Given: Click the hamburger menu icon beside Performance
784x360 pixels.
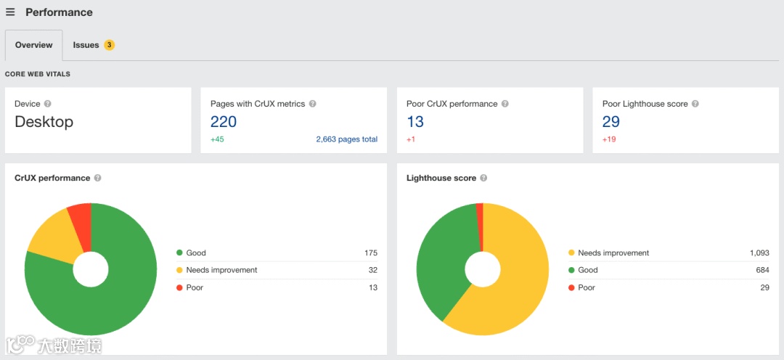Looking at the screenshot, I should (x=10, y=12).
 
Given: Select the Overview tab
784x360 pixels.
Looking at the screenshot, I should (x=33, y=45).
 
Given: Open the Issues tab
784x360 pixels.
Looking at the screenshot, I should (x=86, y=45).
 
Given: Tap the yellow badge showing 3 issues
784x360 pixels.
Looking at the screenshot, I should (x=109, y=45).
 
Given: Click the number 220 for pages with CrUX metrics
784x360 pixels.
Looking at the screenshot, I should (x=224, y=122).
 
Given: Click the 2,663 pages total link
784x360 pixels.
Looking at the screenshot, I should (x=346, y=139).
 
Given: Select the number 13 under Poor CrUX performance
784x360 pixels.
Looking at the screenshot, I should (x=415, y=122).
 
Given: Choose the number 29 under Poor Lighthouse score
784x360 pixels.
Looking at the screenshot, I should (x=611, y=122).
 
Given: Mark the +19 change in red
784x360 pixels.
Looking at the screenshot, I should (x=609, y=139).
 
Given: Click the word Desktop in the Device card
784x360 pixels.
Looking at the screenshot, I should (x=44, y=122).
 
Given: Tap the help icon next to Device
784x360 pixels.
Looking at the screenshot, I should (x=47, y=104).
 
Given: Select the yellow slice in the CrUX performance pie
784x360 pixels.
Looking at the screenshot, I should (x=54, y=236).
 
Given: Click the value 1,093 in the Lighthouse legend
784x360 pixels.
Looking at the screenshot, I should (x=759, y=253).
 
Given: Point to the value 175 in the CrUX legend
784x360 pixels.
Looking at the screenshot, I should (x=370, y=253).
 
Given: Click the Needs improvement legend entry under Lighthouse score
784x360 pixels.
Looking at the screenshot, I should (x=613, y=253).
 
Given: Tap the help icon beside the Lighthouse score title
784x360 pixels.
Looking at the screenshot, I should (x=483, y=178).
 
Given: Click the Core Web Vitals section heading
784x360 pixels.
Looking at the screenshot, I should (x=38, y=74).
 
